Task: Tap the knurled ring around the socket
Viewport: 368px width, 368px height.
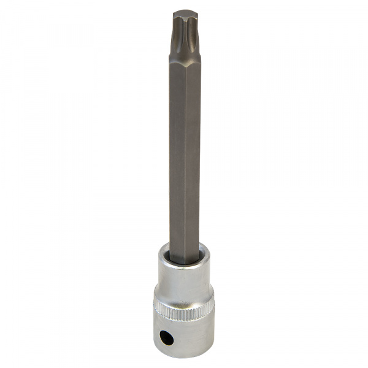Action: (184, 312)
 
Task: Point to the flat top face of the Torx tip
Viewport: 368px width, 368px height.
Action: (185, 13)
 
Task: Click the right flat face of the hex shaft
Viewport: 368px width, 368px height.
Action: (193, 153)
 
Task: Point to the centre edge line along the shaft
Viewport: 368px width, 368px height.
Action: (185, 153)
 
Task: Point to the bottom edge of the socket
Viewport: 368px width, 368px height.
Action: (184, 358)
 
